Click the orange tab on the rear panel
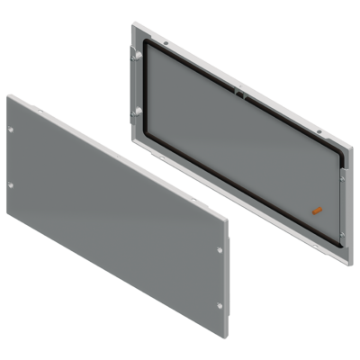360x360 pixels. [314, 210]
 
